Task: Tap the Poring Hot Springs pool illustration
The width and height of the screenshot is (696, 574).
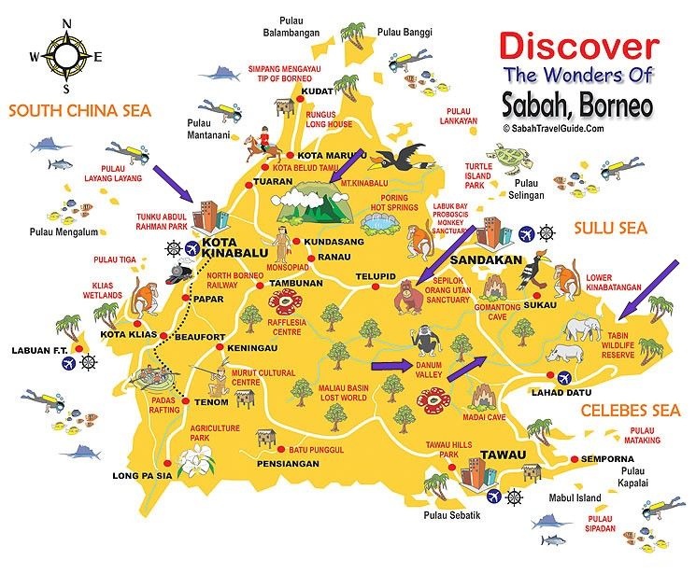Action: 378,222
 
